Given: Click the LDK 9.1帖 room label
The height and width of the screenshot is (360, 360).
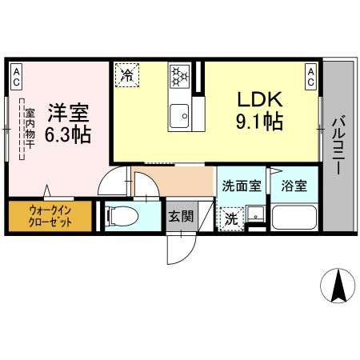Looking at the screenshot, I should click(258, 110).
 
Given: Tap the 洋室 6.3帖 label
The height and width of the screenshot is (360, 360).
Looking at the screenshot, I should click(66, 124).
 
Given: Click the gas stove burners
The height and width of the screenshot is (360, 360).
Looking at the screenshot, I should click(180, 77).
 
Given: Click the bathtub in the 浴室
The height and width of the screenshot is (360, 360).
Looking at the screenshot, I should click(294, 218).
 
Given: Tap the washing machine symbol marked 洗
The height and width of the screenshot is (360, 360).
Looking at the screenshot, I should click(230, 218).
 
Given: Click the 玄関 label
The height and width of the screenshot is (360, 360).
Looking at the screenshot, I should click(180, 216).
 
